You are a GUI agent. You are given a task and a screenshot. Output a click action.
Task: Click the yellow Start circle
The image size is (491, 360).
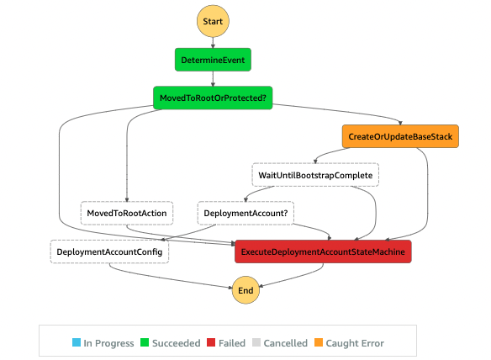click(x=213, y=19)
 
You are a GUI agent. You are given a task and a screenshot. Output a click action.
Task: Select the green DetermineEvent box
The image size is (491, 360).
click(x=214, y=61)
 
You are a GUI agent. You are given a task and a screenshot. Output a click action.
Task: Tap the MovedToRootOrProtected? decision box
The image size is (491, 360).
click(x=214, y=98)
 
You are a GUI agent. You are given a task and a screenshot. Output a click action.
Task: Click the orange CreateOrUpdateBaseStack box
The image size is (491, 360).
click(x=401, y=136)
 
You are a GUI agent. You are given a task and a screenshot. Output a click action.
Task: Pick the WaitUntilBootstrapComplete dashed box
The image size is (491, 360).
click(x=315, y=175)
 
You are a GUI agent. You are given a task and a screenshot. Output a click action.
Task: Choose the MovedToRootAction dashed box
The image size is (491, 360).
click(x=127, y=214)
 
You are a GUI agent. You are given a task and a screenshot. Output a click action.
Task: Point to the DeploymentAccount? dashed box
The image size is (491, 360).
click(x=245, y=214)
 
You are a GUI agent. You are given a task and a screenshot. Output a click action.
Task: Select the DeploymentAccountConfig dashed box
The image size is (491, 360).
click(x=109, y=251)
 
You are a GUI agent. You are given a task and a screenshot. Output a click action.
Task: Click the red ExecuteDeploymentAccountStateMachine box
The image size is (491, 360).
click(x=323, y=251)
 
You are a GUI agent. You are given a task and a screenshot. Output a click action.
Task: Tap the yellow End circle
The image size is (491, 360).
click(x=245, y=290)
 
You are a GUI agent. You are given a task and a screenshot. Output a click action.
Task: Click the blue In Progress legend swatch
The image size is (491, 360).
click(x=77, y=343)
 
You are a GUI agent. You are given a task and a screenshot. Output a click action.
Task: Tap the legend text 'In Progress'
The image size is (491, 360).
click(x=108, y=343)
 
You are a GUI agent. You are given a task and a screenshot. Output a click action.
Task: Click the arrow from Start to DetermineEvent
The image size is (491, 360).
click(x=213, y=42)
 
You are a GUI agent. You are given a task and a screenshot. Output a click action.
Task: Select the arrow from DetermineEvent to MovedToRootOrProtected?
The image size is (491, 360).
click(x=214, y=79)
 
